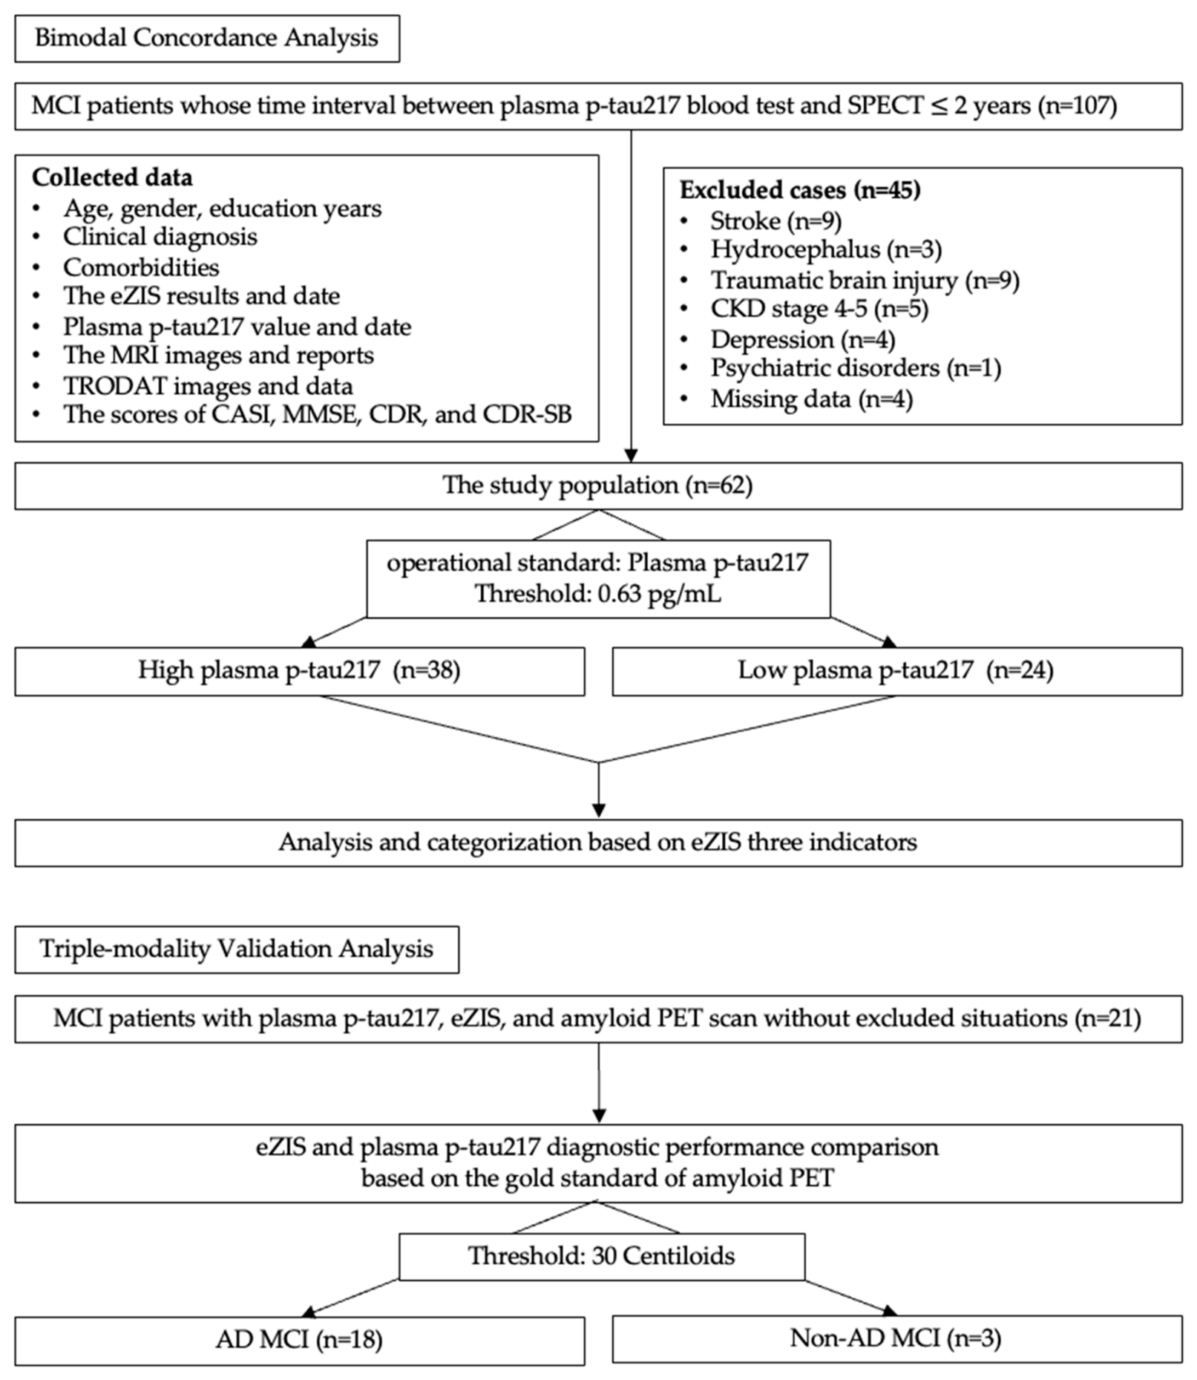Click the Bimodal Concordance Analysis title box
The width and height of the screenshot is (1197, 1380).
(207, 39)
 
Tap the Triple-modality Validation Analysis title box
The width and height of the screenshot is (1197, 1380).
(237, 949)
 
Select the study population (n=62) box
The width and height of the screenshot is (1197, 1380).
(598, 485)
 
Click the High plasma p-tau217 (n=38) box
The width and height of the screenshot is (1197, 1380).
(300, 671)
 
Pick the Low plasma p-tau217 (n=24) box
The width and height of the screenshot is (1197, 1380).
(897, 671)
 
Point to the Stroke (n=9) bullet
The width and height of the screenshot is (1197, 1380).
(775, 220)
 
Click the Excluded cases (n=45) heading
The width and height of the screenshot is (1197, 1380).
(800, 190)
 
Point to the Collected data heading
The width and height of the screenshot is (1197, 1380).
(112, 177)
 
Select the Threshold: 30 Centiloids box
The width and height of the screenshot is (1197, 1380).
(602, 1257)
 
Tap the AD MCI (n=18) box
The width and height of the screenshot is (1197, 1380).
(300, 1340)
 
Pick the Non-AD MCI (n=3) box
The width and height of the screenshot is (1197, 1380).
(897, 1338)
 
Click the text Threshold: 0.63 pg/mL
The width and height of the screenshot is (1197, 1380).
(598, 594)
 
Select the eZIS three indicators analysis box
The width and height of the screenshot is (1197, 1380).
(598, 843)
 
